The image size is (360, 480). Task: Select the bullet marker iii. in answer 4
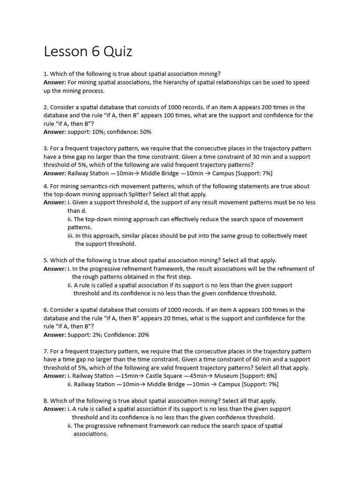(70, 236)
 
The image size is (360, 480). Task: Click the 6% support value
(269, 376)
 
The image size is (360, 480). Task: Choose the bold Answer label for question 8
(54, 409)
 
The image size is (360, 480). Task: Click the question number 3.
(45, 149)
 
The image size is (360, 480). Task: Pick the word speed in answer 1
(301, 82)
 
